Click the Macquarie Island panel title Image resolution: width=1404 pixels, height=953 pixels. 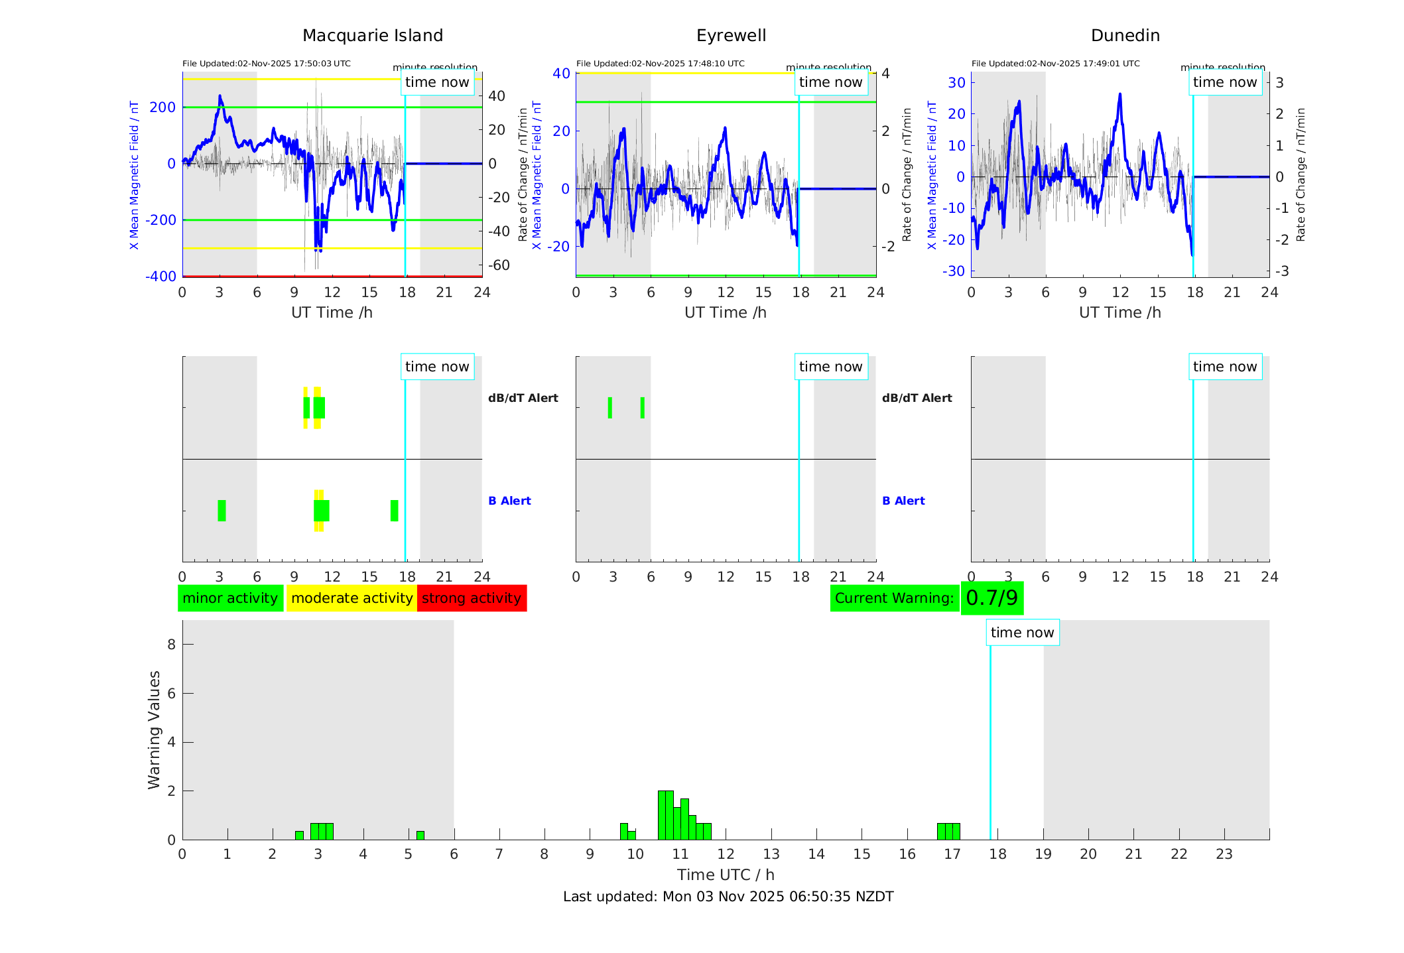373,36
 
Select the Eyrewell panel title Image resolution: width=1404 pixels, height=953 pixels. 731,36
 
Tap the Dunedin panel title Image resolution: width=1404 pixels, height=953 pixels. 1125,36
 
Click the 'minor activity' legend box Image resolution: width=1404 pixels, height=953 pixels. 230,598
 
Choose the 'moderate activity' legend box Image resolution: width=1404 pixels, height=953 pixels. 351,598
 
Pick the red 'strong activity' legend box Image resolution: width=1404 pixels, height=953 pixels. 472,598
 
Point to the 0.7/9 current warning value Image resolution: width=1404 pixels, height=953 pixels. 991,598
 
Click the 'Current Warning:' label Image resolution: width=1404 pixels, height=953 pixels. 894,598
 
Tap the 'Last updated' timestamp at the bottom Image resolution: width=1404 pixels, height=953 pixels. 728,897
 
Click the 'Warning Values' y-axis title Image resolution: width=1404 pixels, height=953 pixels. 155,730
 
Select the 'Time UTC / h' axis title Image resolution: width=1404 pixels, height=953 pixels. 726,875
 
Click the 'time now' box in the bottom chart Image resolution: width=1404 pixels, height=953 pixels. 1022,633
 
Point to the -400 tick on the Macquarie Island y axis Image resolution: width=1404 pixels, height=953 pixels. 160,277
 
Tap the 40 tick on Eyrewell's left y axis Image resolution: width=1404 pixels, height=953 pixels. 561,74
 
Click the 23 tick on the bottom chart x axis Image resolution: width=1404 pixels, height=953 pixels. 1224,854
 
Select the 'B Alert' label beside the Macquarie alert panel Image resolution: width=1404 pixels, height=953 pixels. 509,501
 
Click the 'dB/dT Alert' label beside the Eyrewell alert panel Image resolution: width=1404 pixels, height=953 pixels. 917,398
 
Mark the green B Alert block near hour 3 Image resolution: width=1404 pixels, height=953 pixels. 222,511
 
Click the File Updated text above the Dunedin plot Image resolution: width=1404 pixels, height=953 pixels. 1055,64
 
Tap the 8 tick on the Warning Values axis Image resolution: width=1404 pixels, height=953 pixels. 171,645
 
